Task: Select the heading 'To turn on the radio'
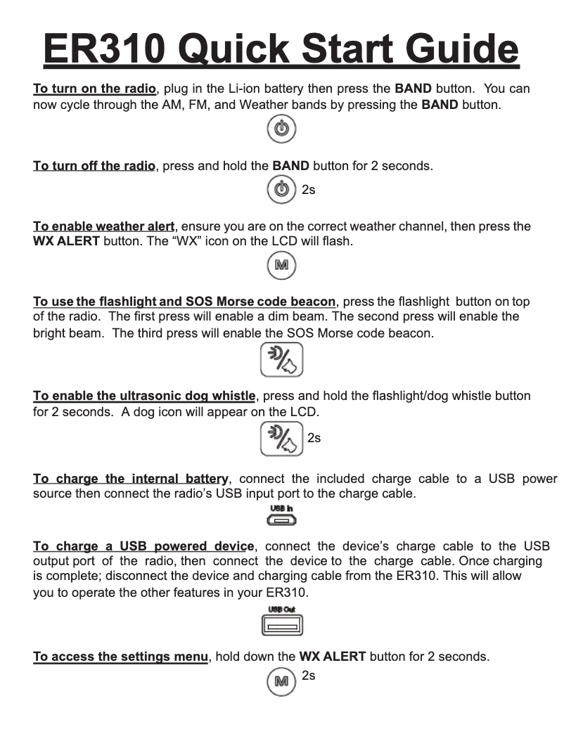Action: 94,89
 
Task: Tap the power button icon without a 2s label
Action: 281,130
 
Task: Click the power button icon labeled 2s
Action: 281,191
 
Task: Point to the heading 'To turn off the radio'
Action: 94,167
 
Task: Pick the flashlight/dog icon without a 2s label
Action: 281,360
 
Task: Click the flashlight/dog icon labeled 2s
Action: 281,439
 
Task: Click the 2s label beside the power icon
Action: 308,191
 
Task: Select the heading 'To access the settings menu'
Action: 121,657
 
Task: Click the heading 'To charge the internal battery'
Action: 131,479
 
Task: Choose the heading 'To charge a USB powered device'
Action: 144,546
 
